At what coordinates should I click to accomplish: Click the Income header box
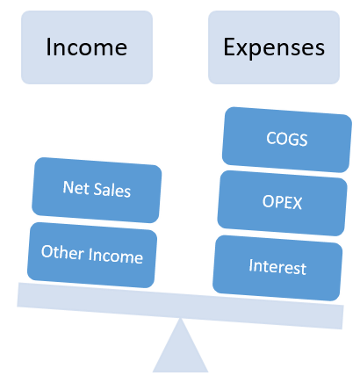coord(87,47)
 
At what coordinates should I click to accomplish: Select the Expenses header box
coord(274,47)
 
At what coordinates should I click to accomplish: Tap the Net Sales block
coord(97,190)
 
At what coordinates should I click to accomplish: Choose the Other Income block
coord(92,255)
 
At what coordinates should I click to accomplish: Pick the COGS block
coord(287,140)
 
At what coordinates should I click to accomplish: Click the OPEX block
coord(282,203)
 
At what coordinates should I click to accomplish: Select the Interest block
coord(277,268)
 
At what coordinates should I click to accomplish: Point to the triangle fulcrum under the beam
coord(181,350)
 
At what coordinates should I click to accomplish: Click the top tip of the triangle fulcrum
coord(181,318)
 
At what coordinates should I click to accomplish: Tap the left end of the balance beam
coord(18,294)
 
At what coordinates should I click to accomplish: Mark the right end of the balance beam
coord(342,317)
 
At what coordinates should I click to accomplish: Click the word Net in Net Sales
coord(72,187)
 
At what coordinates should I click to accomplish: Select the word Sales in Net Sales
coord(112,191)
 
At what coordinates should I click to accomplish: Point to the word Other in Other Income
coord(62,252)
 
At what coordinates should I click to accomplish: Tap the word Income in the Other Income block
coord(116,256)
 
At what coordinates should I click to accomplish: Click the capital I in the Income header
coord(48,47)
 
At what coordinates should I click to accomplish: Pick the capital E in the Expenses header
coord(230,47)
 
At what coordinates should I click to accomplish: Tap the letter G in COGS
coord(292,140)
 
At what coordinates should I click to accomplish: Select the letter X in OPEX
coord(297,204)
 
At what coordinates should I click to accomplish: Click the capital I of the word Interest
coord(251,265)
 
